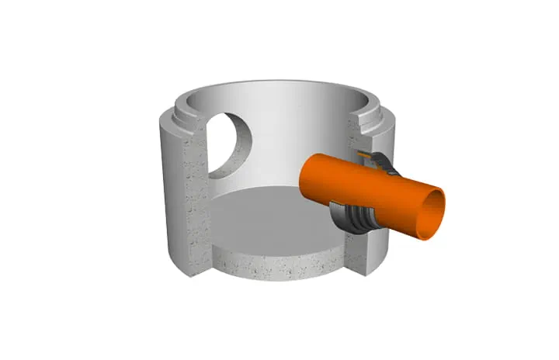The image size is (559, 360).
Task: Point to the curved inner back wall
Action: [295, 132]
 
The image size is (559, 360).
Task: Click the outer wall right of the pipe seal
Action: [388, 241]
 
